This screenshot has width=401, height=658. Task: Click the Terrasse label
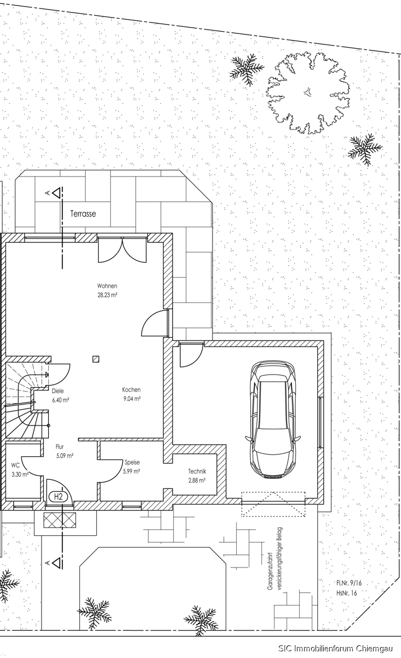pos(83,213)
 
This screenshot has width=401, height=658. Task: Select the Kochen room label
pos(131,390)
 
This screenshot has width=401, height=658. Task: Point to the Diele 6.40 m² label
pos(60,395)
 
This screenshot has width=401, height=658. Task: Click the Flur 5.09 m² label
pos(65,451)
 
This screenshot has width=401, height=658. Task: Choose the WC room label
pos(15,466)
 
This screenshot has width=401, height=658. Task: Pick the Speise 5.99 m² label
pos(132,467)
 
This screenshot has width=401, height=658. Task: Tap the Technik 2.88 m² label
pos(197,476)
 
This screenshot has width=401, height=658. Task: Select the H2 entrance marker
pos(59,497)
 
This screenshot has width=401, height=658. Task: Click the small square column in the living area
pos(96,359)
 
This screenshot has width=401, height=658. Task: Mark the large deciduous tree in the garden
pos(308,93)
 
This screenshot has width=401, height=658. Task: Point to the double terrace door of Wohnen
pos(122,250)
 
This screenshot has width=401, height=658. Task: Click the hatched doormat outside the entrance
pos(60,520)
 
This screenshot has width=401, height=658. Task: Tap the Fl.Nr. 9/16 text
pos(349,583)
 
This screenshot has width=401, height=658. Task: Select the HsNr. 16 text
pos(347,593)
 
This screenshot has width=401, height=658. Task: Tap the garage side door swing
pos(191,354)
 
